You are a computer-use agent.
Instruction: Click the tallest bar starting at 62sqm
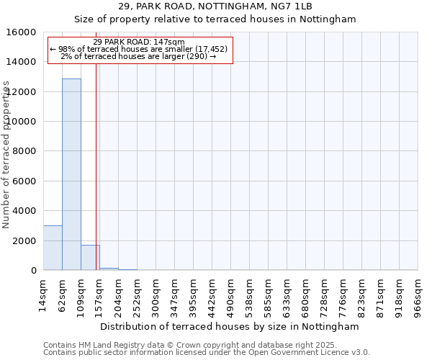coord(71,174)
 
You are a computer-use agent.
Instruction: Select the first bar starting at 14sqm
coord(53,248)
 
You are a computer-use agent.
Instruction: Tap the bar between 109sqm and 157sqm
coord(90,257)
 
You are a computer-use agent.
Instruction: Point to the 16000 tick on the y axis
coord(24,32)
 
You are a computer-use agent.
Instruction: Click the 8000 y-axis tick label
coord(24,151)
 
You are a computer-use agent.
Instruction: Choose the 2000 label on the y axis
coord(24,240)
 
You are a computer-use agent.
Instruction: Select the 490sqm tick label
coord(230,296)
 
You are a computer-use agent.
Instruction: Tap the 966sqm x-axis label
coord(418,296)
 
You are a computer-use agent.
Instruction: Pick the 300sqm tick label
coord(156,296)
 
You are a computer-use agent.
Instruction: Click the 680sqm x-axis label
coord(305,296)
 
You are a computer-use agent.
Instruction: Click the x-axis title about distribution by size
coord(229,326)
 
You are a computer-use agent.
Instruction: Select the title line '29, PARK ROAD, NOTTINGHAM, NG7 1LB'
coord(215,6)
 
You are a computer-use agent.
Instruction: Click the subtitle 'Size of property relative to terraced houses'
coord(215,19)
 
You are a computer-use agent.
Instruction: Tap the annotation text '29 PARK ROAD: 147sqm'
coord(139,42)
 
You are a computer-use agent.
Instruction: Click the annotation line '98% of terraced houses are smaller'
coord(139,50)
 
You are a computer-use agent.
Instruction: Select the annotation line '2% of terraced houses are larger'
coord(139,57)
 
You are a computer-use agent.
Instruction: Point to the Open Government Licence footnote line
coord(207,353)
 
